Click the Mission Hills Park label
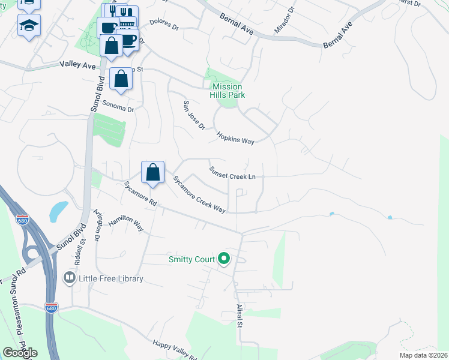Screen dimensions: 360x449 click(228, 91)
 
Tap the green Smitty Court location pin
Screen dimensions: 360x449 click(224, 259)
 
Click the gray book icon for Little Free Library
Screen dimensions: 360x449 click(69, 278)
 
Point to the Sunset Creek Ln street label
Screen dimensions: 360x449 click(232, 172)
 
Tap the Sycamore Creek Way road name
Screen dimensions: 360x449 click(199, 194)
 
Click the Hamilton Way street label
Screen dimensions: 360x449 click(126, 224)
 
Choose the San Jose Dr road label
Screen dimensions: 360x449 click(194, 115)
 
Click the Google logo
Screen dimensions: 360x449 click(20, 353)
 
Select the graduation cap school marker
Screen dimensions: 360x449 click(29, 26)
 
